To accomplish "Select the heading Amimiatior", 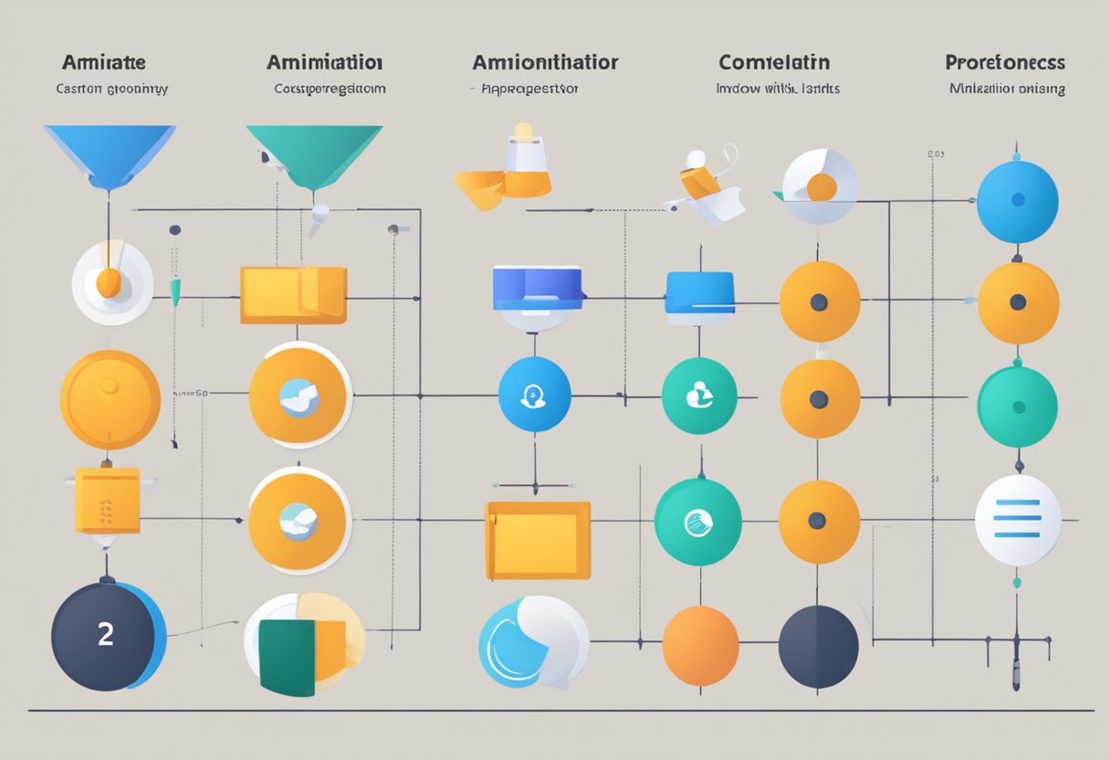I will coord(324,63).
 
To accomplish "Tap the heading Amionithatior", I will coord(545,63).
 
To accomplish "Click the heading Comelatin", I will coord(774,63).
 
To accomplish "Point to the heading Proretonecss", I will coord(1005,63).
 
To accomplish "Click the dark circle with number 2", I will coord(107,635).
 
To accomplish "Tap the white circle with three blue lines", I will coord(1018,519).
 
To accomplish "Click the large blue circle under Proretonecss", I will coord(1017,201).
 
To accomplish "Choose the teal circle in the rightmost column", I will coord(1017,406).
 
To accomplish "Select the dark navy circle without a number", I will coord(818,645).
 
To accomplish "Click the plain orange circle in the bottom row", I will coord(700,645).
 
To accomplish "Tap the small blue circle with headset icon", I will coord(535,396).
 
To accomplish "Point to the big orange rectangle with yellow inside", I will coord(539,541).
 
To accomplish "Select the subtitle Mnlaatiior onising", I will coord(1007,90).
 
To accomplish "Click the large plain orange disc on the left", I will coord(110,400).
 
